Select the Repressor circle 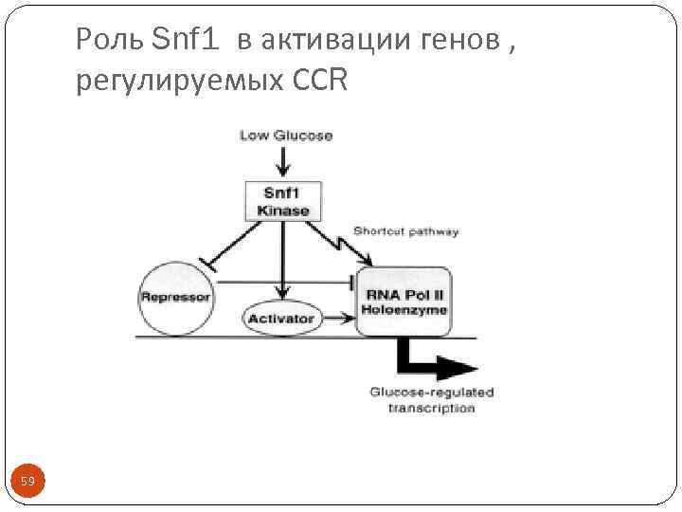tap(175, 297)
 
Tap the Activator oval tap(280, 319)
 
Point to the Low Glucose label tap(286, 136)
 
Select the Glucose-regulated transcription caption tap(431, 399)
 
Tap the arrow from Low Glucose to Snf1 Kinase tap(277, 161)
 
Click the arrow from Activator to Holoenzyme tap(335, 319)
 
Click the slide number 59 tap(27, 483)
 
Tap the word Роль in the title tap(109, 39)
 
